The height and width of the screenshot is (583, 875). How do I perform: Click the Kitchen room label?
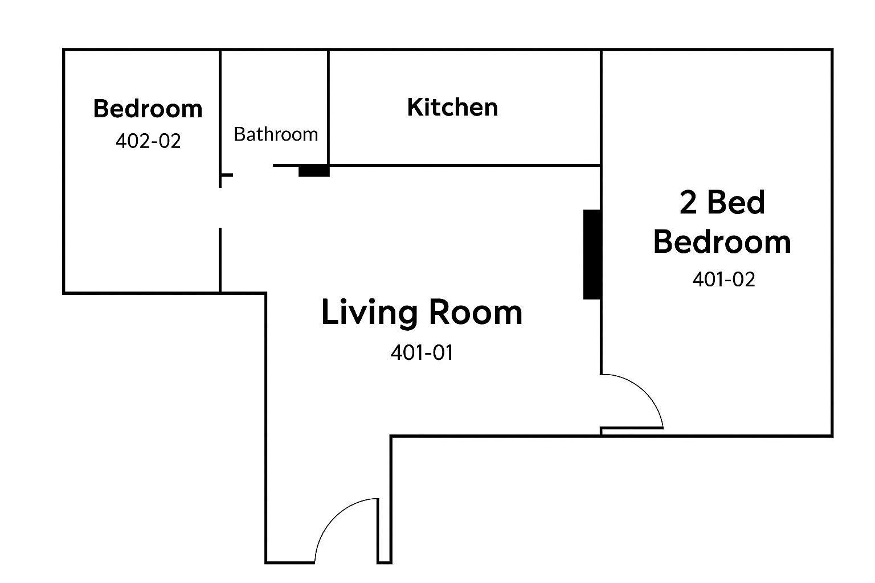[x=452, y=107]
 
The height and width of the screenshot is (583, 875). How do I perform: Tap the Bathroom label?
[x=276, y=134]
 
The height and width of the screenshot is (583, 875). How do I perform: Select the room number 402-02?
[x=148, y=141]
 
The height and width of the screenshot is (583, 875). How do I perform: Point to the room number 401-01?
[x=422, y=352]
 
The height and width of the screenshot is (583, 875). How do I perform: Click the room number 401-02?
[x=723, y=280]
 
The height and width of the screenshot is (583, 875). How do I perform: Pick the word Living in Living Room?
[x=369, y=313]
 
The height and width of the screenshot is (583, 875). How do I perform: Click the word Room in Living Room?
[x=476, y=312]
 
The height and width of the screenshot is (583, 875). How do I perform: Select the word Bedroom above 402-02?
[x=148, y=108]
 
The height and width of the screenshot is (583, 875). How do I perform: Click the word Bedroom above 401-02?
[x=722, y=242]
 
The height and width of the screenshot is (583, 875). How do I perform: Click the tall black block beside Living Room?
[x=592, y=254]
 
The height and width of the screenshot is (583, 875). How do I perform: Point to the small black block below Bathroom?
[x=314, y=171]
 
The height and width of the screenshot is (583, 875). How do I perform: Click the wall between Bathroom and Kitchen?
[x=328, y=108]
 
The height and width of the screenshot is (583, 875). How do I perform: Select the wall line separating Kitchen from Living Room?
[x=465, y=166]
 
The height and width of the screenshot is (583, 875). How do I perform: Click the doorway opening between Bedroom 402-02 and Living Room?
[x=220, y=208]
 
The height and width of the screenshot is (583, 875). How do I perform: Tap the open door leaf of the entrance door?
[x=378, y=530]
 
